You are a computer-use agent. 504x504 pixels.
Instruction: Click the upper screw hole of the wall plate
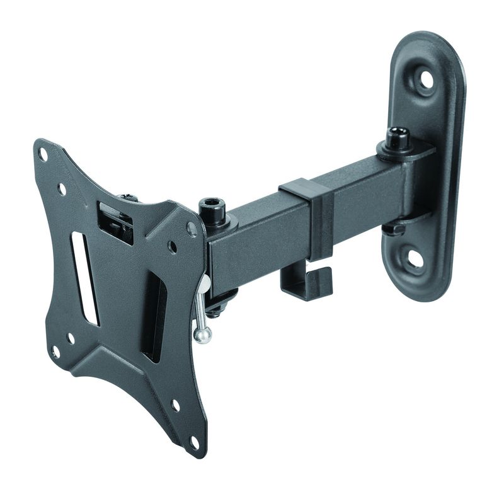coord(427,79)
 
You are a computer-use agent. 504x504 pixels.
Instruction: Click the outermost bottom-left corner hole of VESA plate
coord(55,352)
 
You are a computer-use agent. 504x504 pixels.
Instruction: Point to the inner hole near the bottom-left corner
coord(71,339)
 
